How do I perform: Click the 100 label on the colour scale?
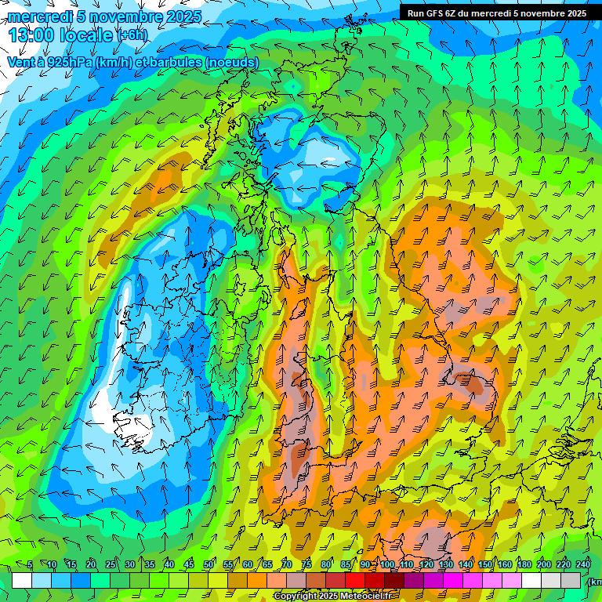click(x=387, y=565)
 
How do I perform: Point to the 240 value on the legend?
click(x=582, y=565)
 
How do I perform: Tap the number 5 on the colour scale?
click(x=30, y=565)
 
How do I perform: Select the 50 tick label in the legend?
click(x=209, y=565)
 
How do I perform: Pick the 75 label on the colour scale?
click(x=306, y=565)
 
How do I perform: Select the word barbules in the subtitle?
click(x=171, y=62)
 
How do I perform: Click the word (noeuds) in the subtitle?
click(x=231, y=62)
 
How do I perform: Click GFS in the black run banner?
click(x=437, y=13)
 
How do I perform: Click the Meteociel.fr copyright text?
click(x=368, y=597)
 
